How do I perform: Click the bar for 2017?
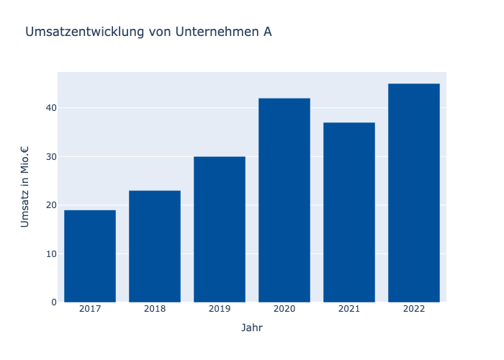90,256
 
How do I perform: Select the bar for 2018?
155,246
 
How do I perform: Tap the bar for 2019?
220,229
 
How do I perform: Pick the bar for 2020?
284,200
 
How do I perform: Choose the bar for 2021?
349,212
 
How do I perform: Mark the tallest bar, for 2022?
414,193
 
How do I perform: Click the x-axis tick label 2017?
90,309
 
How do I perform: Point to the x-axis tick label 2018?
155,309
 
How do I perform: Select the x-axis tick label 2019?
220,309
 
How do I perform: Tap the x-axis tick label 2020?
284,309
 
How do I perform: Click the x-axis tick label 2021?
349,309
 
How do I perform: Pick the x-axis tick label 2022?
414,309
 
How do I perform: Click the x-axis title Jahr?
252,328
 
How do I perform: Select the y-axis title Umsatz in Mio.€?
25,187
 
